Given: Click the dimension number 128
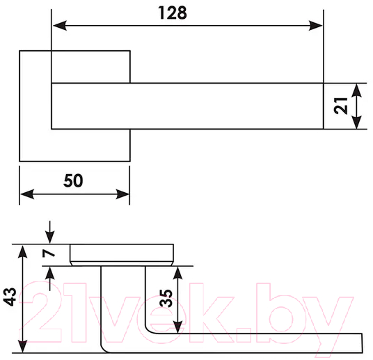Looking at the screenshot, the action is point(173,13).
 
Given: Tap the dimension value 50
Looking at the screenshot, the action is point(73,181).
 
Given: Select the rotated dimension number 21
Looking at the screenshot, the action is point(341,106).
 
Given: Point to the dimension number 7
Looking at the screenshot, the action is point(49,253).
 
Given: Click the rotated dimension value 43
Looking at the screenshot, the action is point(10,297).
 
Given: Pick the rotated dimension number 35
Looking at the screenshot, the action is point(166,298).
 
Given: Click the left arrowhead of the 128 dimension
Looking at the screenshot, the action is point(60,26).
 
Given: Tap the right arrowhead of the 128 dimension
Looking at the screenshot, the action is point(315,26).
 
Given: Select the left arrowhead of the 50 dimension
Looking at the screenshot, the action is point(27,194).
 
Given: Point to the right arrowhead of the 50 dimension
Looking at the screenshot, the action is point(122,194).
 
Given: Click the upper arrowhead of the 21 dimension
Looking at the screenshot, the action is point(356,91).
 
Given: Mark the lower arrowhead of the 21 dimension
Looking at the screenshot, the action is point(356,122).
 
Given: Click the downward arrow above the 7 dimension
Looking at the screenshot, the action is point(49,232).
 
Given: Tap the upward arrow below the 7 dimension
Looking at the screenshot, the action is point(49,279).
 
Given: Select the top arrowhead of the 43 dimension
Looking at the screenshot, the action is point(22,251).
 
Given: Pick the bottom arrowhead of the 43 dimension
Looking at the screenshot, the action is point(22,345).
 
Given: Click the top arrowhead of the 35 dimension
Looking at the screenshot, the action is point(177,273).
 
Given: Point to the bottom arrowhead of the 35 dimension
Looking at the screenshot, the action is point(177,327).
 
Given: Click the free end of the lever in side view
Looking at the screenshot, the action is point(362,343).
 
